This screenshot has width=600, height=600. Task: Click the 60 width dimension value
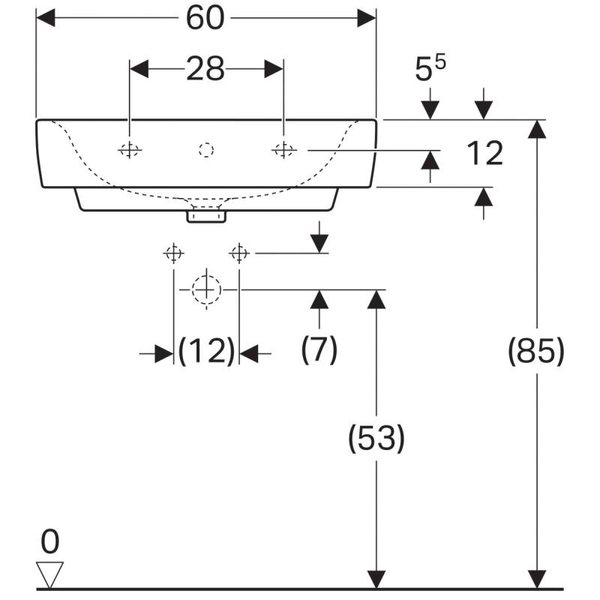[205, 18]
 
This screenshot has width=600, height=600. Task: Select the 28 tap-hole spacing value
[205, 69]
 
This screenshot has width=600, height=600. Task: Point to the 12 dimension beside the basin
[484, 154]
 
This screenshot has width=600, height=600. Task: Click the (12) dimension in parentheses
[206, 350]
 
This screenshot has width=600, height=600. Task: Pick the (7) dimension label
[319, 349]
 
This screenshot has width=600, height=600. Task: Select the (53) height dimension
[376, 438]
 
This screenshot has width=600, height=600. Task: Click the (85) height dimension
[536, 351]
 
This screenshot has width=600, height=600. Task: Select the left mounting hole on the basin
[130, 150]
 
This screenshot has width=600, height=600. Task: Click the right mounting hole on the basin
[283, 150]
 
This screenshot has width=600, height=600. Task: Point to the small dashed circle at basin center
[206, 150]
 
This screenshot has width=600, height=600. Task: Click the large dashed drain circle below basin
[205, 289]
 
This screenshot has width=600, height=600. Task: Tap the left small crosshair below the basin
[173, 253]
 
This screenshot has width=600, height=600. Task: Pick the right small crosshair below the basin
[239, 253]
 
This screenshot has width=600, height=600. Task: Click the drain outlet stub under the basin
[206, 215]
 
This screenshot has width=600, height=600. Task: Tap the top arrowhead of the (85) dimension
[536, 129]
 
